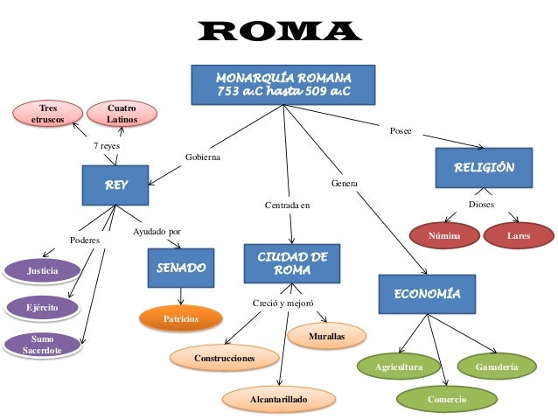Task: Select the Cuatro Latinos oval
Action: (x=122, y=114)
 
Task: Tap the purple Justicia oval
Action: (x=42, y=271)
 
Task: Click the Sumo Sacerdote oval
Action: (x=42, y=343)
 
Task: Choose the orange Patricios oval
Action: (x=180, y=319)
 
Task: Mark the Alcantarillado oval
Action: (x=278, y=399)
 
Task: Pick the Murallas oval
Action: (x=326, y=336)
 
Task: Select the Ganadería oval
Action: (x=496, y=367)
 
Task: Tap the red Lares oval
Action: (x=519, y=236)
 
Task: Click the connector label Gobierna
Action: (x=203, y=157)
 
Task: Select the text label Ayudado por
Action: (x=157, y=232)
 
